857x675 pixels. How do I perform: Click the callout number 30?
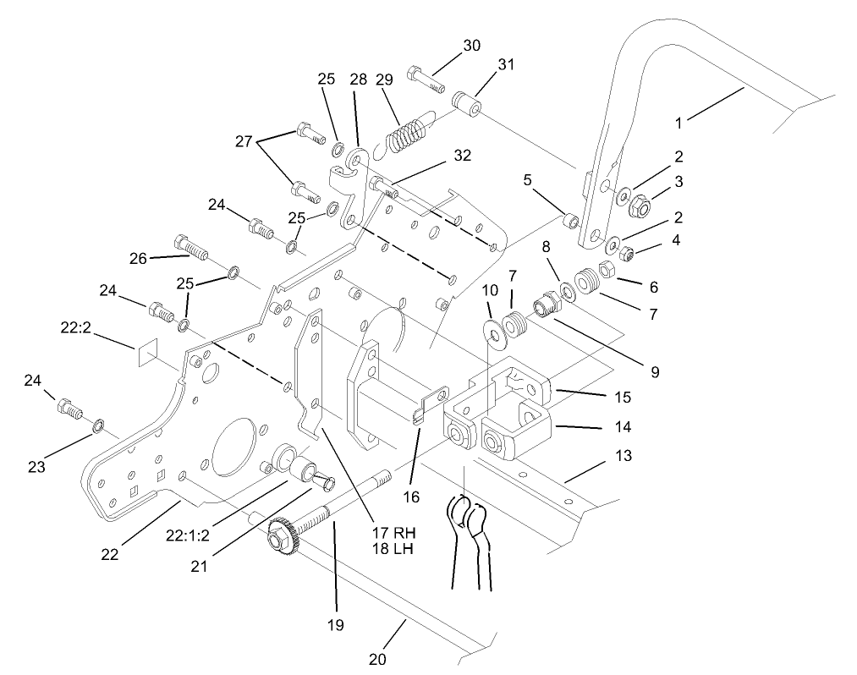point(471,46)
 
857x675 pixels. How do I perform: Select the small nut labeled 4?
point(629,251)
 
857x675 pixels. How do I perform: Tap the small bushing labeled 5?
point(571,222)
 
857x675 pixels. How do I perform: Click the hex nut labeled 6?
point(606,271)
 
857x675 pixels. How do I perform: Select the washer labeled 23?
point(98,424)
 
